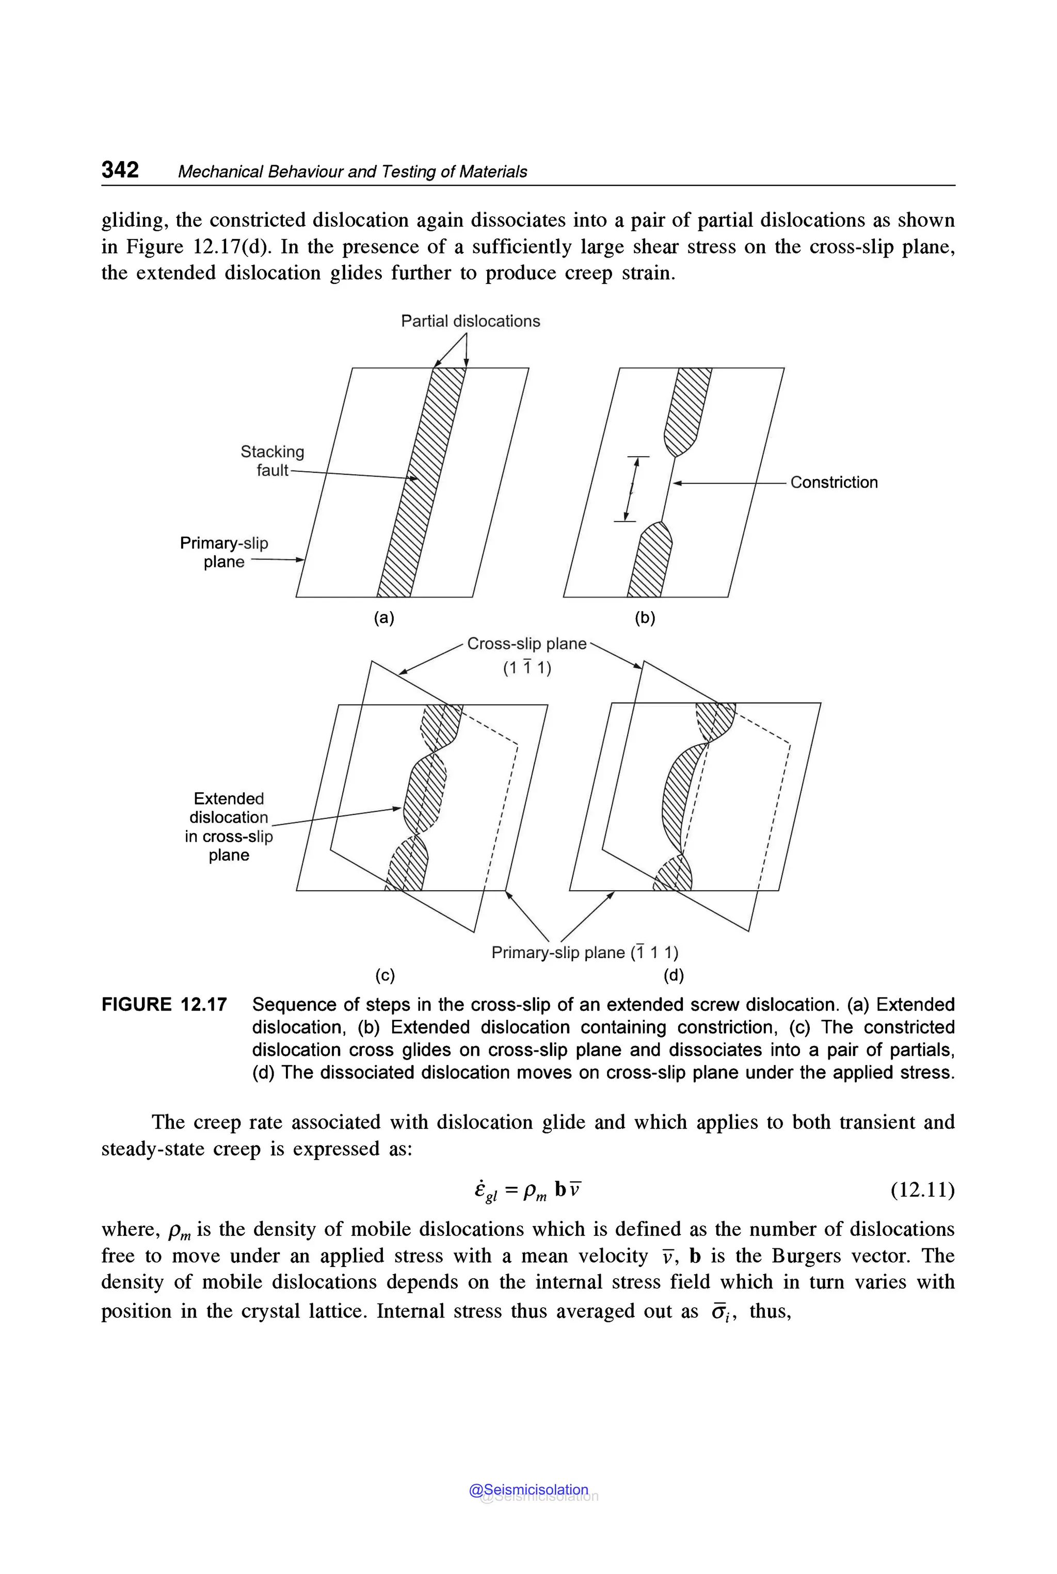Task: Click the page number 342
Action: pyautogui.click(x=120, y=169)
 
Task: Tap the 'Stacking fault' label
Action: pyautogui.click(x=273, y=461)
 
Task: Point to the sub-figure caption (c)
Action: pyautogui.click(x=385, y=975)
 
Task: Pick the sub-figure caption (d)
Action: pyautogui.click(x=674, y=975)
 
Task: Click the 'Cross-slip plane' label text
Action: pyautogui.click(x=526, y=644)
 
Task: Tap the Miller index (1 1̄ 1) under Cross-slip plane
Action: pyautogui.click(x=527, y=668)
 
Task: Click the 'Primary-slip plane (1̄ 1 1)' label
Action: pyautogui.click(x=584, y=953)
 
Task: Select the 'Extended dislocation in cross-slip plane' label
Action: pyautogui.click(x=229, y=826)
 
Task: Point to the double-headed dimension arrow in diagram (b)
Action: pyautogui.click(x=631, y=489)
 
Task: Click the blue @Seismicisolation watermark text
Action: pyautogui.click(x=528, y=1490)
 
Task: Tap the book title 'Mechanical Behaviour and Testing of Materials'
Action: pyautogui.click(x=352, y=172)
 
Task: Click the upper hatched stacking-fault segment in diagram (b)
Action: pyautogui.click(x=687, y=411)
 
